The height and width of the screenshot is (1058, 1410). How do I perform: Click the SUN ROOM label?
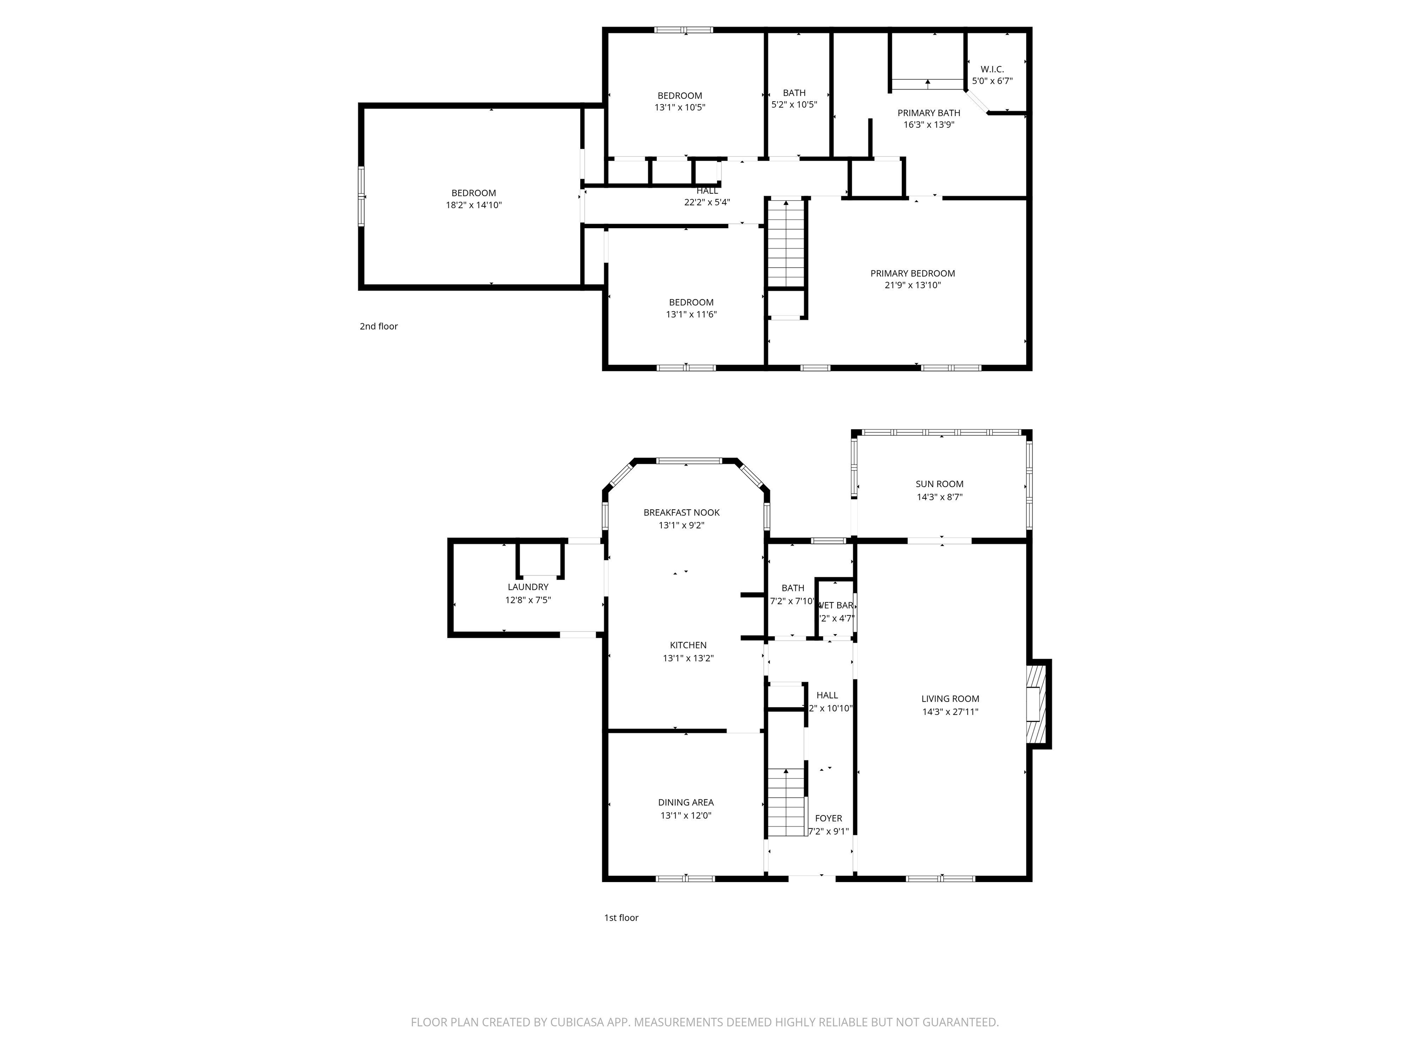click(939, 484)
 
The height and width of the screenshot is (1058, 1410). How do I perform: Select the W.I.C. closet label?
click(992, 69)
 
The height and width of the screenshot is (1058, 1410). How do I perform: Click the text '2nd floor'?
click(379, 326)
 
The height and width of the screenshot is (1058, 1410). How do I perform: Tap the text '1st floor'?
click(621, 917)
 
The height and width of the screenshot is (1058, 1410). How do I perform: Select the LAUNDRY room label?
click(528, 587)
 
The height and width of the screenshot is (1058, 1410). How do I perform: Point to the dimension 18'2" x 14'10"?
click(474, 205)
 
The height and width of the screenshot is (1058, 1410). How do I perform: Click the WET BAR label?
click(835, 605)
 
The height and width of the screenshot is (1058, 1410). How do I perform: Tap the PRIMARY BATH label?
click(928, 113)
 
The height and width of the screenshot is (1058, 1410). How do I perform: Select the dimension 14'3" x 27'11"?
click(950, 712)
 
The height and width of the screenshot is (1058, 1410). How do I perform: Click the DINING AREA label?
click(685, 802)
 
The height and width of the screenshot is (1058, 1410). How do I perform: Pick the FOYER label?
click(828, 818)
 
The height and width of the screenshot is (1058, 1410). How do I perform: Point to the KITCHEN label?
click(688, 645)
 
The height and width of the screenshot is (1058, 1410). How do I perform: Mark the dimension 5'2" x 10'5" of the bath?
click(794, 105)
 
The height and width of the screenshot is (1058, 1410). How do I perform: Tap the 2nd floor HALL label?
click(707, 191)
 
